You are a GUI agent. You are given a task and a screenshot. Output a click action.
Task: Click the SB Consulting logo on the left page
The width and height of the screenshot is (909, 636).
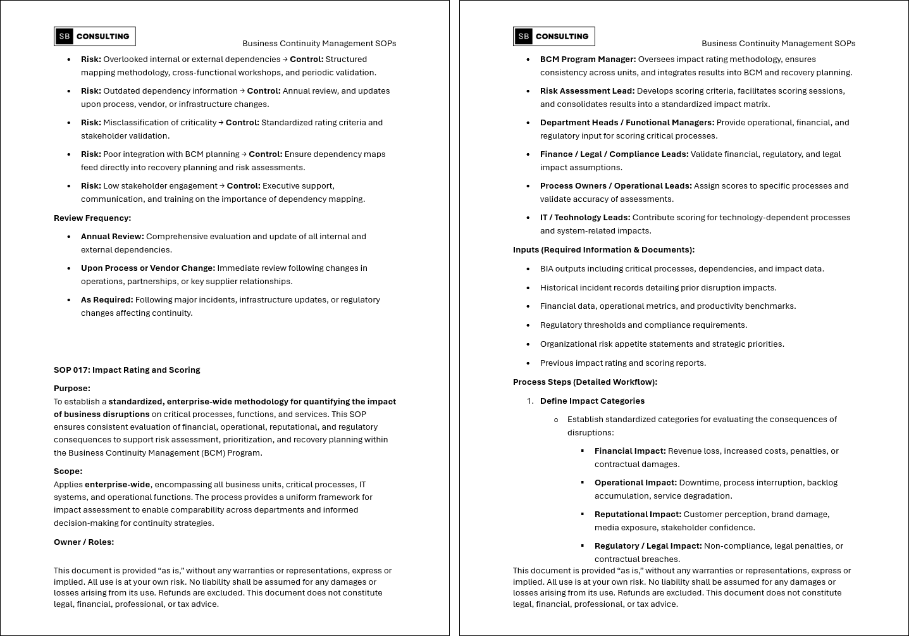[x=95, y=37]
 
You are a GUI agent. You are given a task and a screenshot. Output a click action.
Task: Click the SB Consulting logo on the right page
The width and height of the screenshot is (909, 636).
[x=554, y=37]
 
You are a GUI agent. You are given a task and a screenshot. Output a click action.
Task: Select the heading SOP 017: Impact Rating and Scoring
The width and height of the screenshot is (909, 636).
[x=127, y=370]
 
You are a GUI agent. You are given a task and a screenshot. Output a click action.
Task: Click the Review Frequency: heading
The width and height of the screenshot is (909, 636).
[x=92, y=218]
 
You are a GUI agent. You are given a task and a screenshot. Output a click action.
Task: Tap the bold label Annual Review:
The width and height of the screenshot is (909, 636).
[x=113, y=237]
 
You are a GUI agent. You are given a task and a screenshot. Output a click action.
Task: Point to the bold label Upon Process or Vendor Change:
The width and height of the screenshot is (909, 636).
[x=148, y=268]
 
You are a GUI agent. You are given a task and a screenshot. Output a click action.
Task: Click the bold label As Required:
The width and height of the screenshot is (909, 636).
[x=107, y=300]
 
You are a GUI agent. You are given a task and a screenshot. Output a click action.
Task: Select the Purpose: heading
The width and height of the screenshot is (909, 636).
[x=72, y=389]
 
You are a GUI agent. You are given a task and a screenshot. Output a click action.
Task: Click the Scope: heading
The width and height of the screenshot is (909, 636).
[x=68, y=471]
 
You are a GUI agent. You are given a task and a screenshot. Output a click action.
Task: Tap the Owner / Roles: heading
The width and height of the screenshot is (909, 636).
[x=84, y=542]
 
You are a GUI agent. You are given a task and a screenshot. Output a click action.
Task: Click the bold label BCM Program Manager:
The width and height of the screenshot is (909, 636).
[x=588, y=59]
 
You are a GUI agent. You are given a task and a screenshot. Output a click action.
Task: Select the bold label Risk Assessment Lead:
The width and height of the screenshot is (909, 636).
[x=587, y=91]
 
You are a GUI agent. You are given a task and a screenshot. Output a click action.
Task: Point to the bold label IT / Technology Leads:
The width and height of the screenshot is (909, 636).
[x=585, y=218]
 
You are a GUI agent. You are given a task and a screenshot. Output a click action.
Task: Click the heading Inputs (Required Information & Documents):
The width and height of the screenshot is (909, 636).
[x=603, y=250]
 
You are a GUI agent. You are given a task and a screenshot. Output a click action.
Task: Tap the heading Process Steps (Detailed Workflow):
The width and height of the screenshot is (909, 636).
[x=585, y=382]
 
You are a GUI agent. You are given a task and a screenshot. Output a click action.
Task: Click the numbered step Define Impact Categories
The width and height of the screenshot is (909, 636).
[x=592, y=401]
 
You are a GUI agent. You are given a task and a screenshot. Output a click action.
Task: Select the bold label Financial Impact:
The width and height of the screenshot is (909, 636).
[x=630, y=451]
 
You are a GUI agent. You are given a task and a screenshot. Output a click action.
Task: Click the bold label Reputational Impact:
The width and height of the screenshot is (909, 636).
[x=638, y=514]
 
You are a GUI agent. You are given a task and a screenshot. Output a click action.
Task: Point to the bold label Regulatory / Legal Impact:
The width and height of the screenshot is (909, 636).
[x=648, y=546]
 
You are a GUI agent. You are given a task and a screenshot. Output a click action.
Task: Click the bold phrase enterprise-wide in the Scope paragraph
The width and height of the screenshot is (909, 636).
[x=118, y=485]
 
